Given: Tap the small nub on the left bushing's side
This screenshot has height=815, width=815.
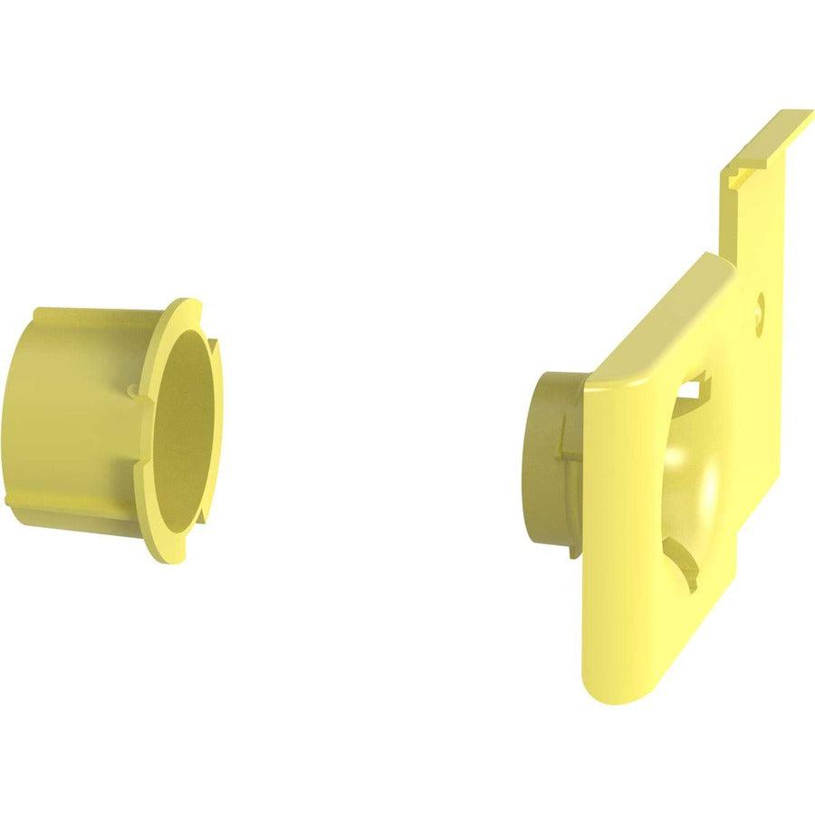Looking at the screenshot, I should [133, 391].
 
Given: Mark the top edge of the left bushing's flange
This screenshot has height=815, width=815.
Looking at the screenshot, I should [186, 302].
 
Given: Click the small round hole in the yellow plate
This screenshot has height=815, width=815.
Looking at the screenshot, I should [760, 300].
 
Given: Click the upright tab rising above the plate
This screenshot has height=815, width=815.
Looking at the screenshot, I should [761, 208].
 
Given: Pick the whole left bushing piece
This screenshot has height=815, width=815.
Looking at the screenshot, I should [109, 426].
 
